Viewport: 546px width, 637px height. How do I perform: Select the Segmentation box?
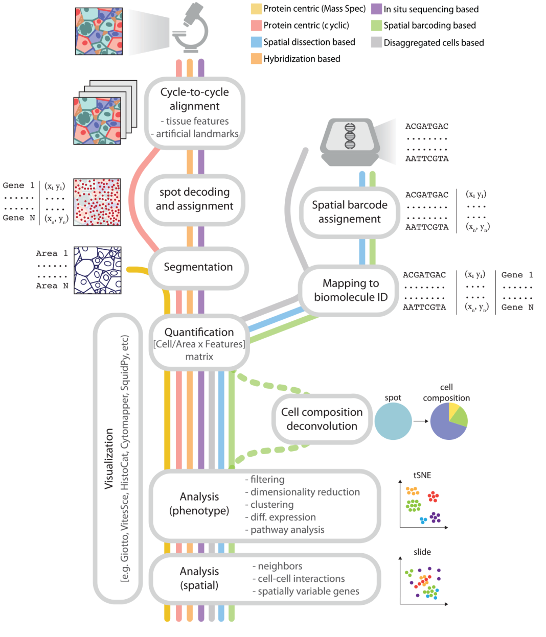coord(198,267)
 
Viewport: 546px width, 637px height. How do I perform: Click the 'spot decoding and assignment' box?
coord(194,199)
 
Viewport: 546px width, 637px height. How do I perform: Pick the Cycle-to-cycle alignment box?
coord(194,112)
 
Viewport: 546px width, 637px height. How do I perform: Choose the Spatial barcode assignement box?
coord(350,212)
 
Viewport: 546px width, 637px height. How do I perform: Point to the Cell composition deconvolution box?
coord(322,419)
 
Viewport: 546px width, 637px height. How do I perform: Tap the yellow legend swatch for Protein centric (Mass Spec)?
coord(256,9)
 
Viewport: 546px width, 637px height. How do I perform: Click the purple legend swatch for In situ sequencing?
coord(376,9)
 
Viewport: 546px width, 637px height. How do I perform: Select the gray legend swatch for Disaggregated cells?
coord(376,42)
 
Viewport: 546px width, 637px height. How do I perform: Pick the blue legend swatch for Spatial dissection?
coord(256,42)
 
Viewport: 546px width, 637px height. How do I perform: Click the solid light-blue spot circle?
coord(393,421)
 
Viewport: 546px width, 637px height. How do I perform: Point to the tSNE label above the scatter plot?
coord(422,475)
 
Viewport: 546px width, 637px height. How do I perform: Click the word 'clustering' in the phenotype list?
coord(272,505)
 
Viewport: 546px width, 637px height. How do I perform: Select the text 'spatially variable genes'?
coord(308,591)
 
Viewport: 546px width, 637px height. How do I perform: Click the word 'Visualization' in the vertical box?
coord(109,458)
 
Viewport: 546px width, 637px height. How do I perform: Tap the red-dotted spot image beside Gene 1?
coord(97,202)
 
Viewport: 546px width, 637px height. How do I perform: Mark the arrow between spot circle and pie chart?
coord(421,421)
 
